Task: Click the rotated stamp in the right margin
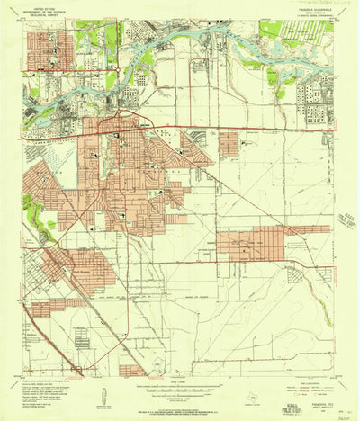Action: (x=346, y=219)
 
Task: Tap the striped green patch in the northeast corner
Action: (x=301, y=31)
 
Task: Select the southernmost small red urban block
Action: (x=132, y=370)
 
